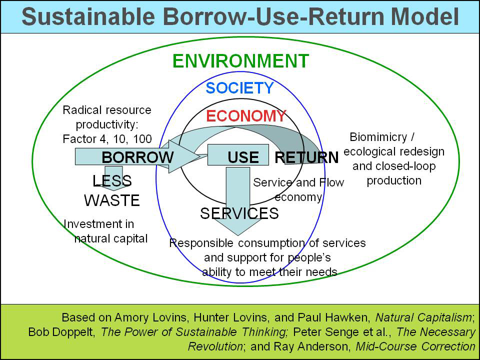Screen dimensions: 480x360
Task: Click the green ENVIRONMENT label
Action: click(x=240, y=60)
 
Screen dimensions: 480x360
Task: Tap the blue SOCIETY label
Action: click(x=239, y=88)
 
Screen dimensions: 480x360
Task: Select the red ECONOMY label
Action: click(x=246, y=116)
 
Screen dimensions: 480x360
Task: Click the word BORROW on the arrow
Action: click(x=137, y=157)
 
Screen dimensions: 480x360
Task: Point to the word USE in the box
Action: click(x=243, y=157)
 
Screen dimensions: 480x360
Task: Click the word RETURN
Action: click(x=306, y=157)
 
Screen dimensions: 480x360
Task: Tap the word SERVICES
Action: click(x=239, y=213)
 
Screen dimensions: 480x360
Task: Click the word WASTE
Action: click(x=112, y=200)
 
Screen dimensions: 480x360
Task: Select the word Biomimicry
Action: click(x=378, y=137)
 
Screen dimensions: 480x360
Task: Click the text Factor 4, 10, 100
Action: click(x=107, y=139)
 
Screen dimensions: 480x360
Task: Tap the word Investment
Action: click(x=99, y=224)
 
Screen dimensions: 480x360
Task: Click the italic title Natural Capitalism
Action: click(x=423, y=317)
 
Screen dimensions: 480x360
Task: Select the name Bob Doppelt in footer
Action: click(x=61, y=332)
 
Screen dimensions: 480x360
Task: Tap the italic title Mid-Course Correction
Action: click(x=415, y=346)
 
